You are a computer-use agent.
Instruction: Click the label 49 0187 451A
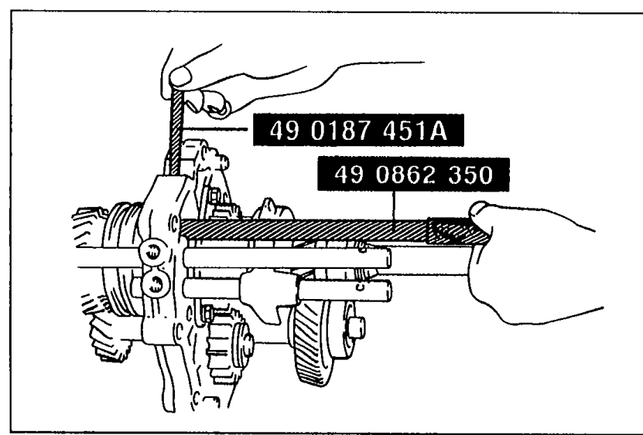[x=358, y=131]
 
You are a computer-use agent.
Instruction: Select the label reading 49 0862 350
[x=413, y=175]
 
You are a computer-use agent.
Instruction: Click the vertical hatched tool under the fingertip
[x=175, y=131]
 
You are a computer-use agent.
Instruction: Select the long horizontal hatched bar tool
[x=334, y=230]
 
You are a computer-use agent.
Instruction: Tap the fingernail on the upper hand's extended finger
[x=180, y=76]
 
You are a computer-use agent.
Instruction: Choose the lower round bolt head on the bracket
[x=156, y=284]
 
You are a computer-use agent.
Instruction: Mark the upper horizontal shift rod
[x=286, y=259]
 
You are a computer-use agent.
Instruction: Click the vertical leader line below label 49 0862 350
[x=394, y=207]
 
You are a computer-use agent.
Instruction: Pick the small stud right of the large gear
[x=356, y=328]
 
